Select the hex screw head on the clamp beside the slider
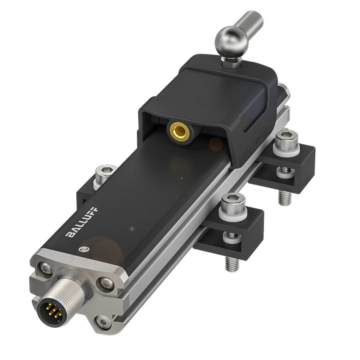(x=287, y=138)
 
